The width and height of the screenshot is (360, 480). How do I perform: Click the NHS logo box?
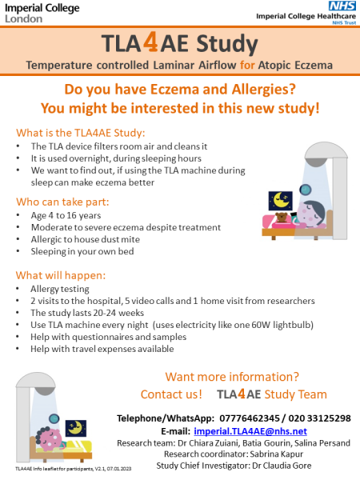coord(342,6)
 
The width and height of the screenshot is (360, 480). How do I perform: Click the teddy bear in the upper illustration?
coord(282,220)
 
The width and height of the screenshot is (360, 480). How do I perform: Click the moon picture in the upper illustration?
coord(282,198)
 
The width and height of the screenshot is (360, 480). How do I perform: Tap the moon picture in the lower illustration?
coord(76,430)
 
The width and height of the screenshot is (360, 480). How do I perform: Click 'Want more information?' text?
coord(232,377)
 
